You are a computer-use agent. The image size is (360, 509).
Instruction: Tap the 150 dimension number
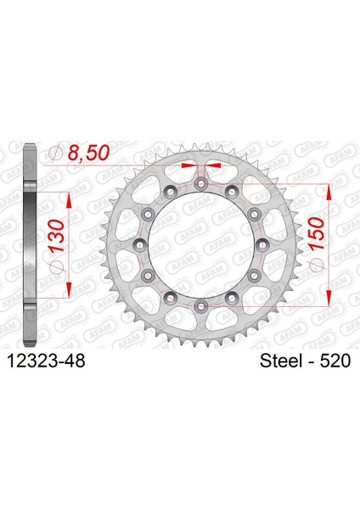(318, 227)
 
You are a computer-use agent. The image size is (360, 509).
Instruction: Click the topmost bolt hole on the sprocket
(200, 184)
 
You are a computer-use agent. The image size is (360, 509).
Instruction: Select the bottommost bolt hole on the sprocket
(200, 304)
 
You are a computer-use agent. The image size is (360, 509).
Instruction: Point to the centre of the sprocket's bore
(200, 243)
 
